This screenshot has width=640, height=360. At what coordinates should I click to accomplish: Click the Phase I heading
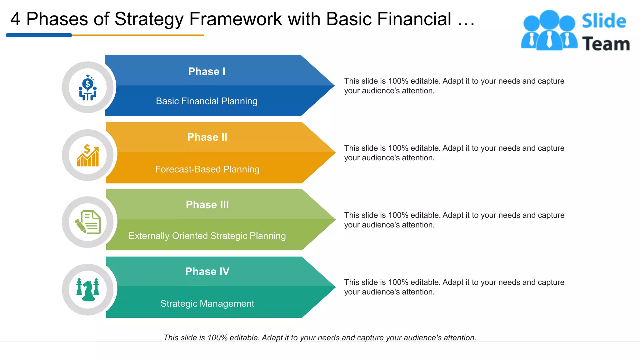[207, 72]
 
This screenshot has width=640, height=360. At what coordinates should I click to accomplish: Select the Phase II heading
[207, 137]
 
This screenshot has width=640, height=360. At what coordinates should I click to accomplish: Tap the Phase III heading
[207, 205]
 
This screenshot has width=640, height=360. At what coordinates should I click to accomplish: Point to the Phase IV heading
[207, 272]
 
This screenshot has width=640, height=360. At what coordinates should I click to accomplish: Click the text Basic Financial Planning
[207, 101]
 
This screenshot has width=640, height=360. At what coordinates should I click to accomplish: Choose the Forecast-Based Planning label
[207, 169]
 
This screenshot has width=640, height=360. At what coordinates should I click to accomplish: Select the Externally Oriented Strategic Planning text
[207, 236]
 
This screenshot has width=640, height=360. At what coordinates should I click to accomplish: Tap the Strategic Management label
[207, 304]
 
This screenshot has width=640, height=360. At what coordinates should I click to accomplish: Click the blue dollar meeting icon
[88, 87]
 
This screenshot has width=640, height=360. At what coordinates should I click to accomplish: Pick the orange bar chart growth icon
[88, 155]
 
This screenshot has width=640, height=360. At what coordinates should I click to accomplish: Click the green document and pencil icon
[88, 222]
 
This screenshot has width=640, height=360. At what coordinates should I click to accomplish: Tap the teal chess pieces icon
[88, 290]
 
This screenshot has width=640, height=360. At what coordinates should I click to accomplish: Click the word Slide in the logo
[604, 21]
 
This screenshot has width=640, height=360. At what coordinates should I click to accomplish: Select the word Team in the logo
[606, 44]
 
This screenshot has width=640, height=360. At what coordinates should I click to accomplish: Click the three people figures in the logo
[549, 30]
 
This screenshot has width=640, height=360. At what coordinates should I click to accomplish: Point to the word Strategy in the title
[148, 19]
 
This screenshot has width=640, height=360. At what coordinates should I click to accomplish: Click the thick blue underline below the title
[39, 35]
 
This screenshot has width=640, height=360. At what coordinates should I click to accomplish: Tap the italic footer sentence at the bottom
[320, 337]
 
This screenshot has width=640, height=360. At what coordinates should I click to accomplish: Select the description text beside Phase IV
[454, 287]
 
